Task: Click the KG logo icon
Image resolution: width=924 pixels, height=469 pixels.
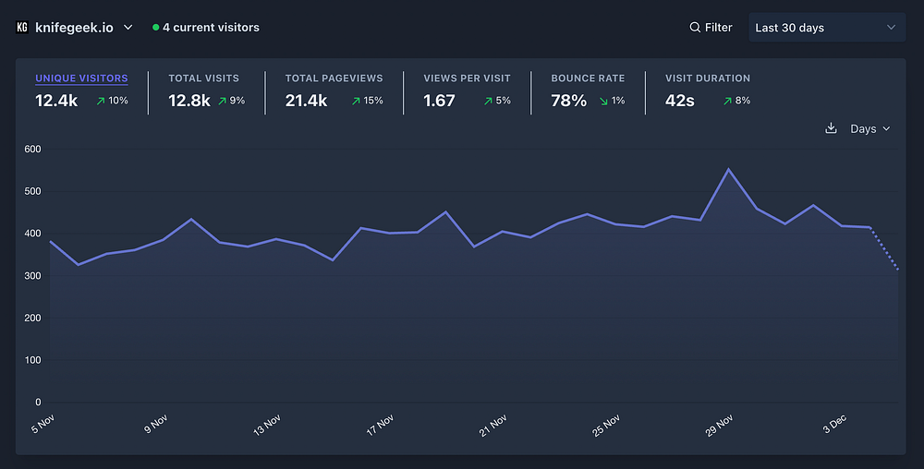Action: point(22,28)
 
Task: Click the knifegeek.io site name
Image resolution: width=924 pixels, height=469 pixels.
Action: point(74,28)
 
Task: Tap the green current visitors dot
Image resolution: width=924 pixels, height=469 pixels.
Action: point(156,28)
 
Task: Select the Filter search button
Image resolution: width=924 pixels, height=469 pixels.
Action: point(711,28)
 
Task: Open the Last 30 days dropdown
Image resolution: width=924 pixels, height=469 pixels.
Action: point(826,28)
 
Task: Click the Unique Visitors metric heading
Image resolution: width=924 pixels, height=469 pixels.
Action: point(81,78)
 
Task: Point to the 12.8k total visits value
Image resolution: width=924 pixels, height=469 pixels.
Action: point(189,101)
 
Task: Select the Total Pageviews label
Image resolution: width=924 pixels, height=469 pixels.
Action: point(334,78)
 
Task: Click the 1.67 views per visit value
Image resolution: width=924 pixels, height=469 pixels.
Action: point(439,101)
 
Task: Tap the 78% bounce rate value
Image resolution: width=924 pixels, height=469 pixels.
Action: point(568,101)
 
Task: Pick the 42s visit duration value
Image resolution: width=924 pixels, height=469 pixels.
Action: point(680,101)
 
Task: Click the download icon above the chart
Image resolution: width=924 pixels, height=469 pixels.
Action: point(831,128)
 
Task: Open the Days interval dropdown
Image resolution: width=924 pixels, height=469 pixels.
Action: point(870,128)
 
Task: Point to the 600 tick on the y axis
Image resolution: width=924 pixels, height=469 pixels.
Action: point(32,149)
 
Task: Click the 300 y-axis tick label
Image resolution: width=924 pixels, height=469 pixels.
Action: point(32,276)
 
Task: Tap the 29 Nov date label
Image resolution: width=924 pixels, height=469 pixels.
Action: point(719,425)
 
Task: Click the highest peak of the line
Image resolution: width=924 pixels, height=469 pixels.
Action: point(728,169)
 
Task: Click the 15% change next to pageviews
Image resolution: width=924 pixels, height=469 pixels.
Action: point(367,101)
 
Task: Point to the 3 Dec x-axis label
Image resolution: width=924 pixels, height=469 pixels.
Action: point(833,423)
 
